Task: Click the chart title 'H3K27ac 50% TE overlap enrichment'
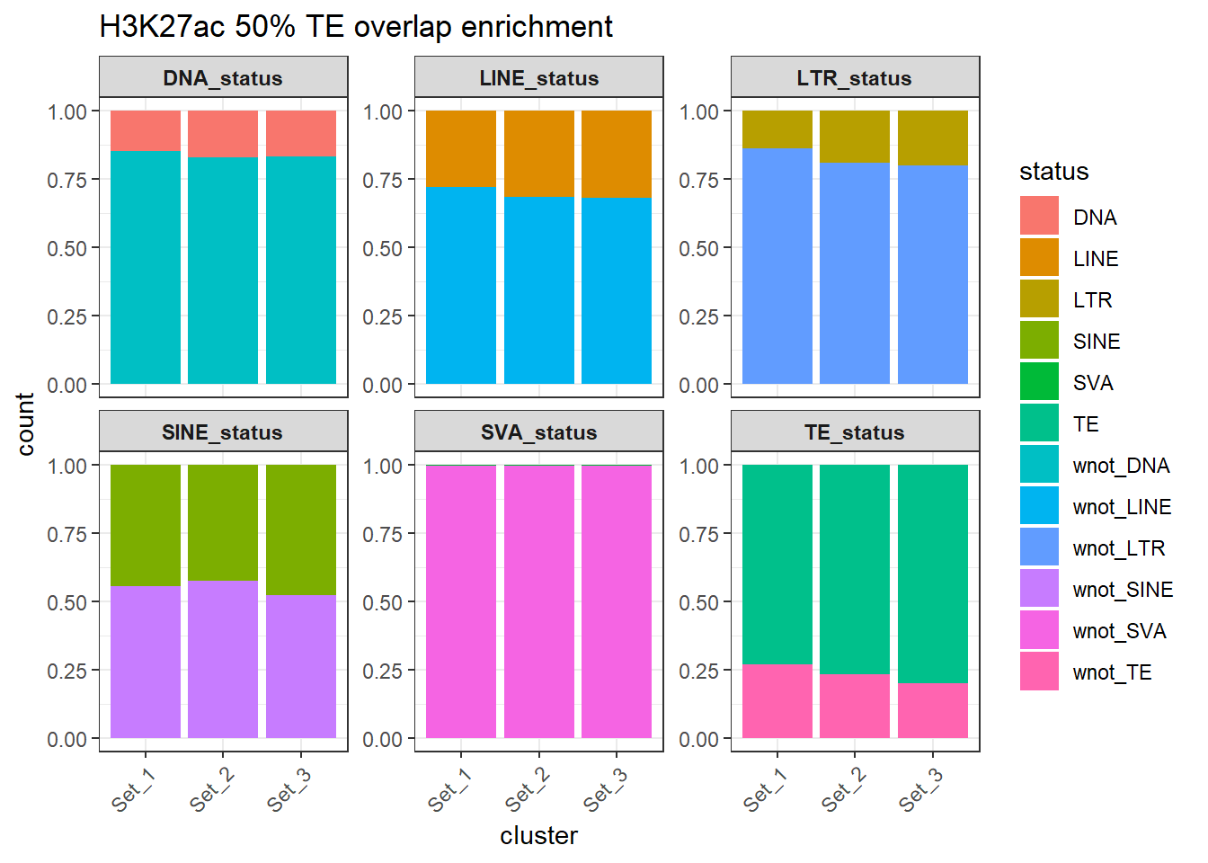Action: [x=356, y=27]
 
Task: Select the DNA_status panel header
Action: [x=223, y=78]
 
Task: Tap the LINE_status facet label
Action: [x=538, y=78]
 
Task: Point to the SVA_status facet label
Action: [x=538, y=432]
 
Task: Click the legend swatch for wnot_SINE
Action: [x=1039, y=589]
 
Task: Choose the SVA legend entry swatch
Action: [x=1039, y=382]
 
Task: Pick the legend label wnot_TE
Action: [x=1112, y=672]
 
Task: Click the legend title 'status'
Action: [x=1053, y=172]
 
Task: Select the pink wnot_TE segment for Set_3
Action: [x=932, y=710]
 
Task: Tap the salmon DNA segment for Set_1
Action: [x=146, y=130]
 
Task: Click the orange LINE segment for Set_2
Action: [x=538, y=154]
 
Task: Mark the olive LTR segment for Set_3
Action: [x=932, y=138]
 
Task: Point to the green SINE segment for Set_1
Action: [x=146, y=525]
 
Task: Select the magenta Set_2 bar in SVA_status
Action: [x=538, y=601]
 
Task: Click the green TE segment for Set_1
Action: [x=777, y=565]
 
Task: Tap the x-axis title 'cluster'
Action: [x=538, y=836]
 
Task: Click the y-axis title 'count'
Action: [x=25, y=424]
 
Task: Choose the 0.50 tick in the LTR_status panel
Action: [x=698, y=248]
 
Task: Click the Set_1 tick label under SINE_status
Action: [x=133, y=790]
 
